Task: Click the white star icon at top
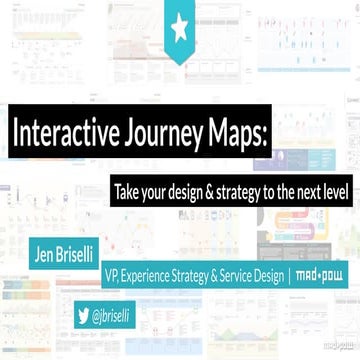[180, 30]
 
